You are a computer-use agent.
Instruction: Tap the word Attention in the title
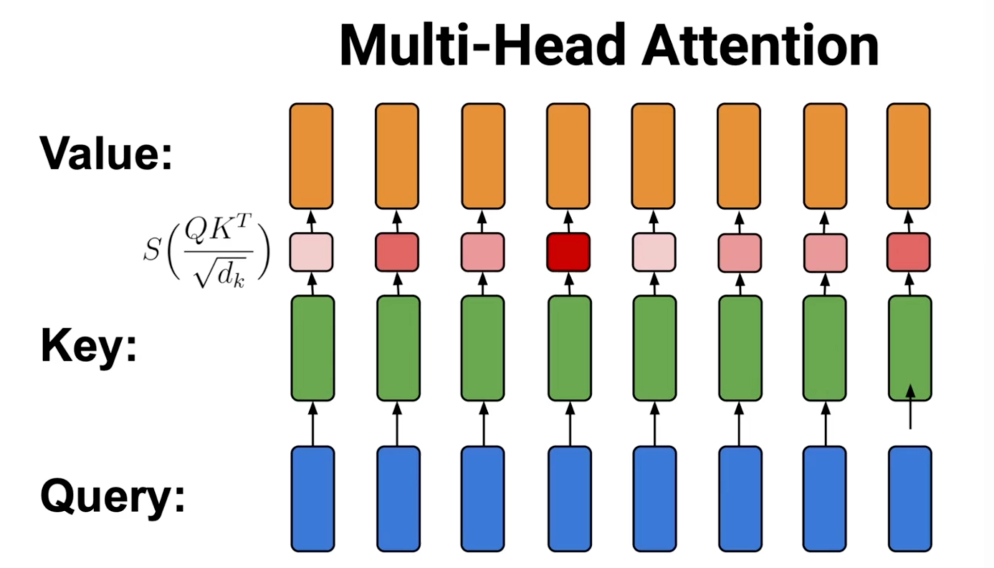(x=760, y=45)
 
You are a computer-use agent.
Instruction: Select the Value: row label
(x=106, y=154)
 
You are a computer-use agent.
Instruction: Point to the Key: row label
(x=89, y=346)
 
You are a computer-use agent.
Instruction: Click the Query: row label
(x=113, y=496)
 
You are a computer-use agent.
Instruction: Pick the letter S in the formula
(x=151, y=250)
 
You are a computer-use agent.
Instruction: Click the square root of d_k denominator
(x=219, y=275)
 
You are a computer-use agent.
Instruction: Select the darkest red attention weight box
(x=568, y=252)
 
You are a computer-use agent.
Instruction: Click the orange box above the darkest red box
(x=568, y=156)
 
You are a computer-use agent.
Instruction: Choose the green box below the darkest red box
(x=570, y=348)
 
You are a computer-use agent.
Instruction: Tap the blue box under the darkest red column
(x=570, y=499)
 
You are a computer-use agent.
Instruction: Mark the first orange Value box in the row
(x=312, y=156)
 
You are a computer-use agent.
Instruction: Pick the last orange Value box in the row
(x=909, y=156)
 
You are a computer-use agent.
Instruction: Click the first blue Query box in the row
(x=313, y=499)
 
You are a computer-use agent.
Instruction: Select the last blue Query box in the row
(x=910, y=499)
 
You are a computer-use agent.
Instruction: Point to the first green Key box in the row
(x=313, y=348)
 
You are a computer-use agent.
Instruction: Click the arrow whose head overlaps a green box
(x=911, y=408)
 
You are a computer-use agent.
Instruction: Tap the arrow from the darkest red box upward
(x=568, y=221)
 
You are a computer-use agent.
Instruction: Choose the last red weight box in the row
(x=909, y=252)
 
